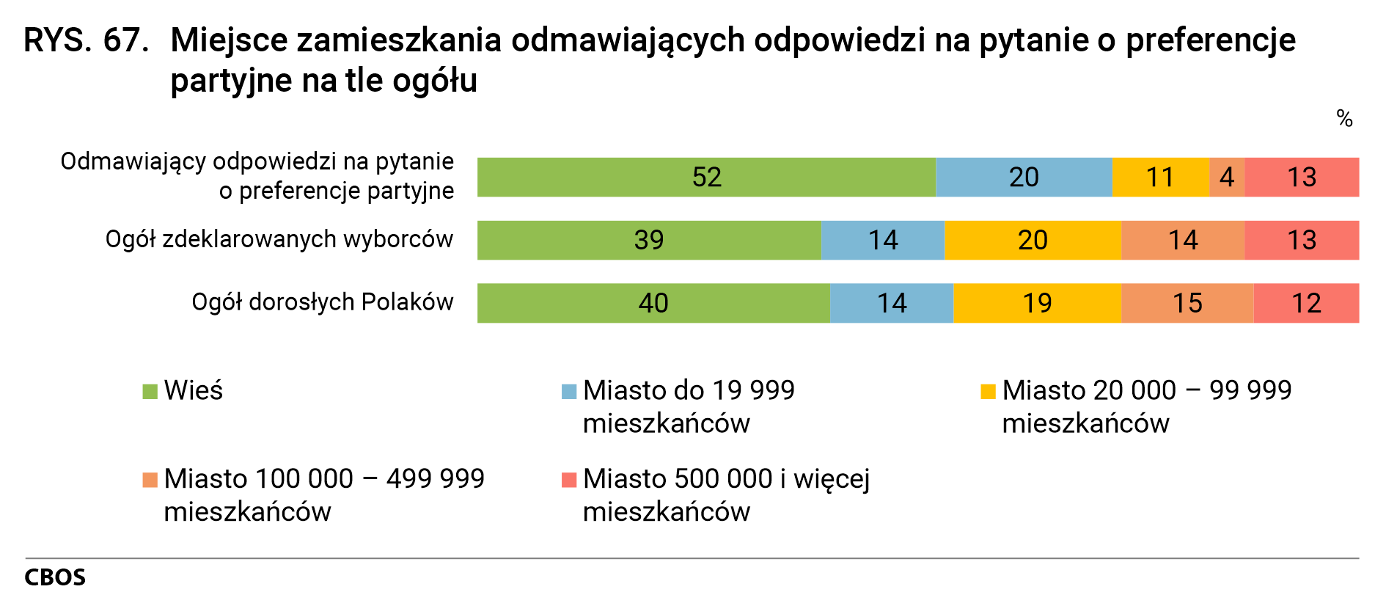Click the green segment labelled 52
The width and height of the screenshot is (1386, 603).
[x=706, y=177]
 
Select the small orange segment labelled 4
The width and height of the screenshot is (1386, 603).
[x=1227, y=177]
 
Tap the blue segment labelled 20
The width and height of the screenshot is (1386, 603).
[x=1024, y=177]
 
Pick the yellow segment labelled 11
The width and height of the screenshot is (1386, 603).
[x=1160, y=177]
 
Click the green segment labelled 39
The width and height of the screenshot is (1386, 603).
[x=649, y=240]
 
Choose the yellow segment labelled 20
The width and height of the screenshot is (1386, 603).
[x=1033, y=240]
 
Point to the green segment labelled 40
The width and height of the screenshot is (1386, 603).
[x=653, y=303]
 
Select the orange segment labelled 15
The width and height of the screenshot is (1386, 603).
[x=1187, y=303]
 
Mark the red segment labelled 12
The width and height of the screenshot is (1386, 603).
[x=1306, y=303]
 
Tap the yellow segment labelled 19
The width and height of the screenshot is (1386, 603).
[x=1037, y=303]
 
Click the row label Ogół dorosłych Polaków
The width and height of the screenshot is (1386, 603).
[x=323, y=302]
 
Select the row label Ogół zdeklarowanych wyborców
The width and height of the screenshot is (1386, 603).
[x=279, y=239]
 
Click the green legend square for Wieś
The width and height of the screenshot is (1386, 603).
[x=150, y=392]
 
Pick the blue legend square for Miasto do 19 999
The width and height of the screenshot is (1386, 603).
[x=569, y=392]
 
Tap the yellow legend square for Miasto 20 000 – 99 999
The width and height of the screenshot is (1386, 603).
[x=989, y=392]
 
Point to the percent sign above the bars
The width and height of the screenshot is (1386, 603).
[x=1344, y=118]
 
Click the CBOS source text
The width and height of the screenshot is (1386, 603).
[x=55, y=578]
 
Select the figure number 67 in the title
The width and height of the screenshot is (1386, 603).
[x=125, y=40]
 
